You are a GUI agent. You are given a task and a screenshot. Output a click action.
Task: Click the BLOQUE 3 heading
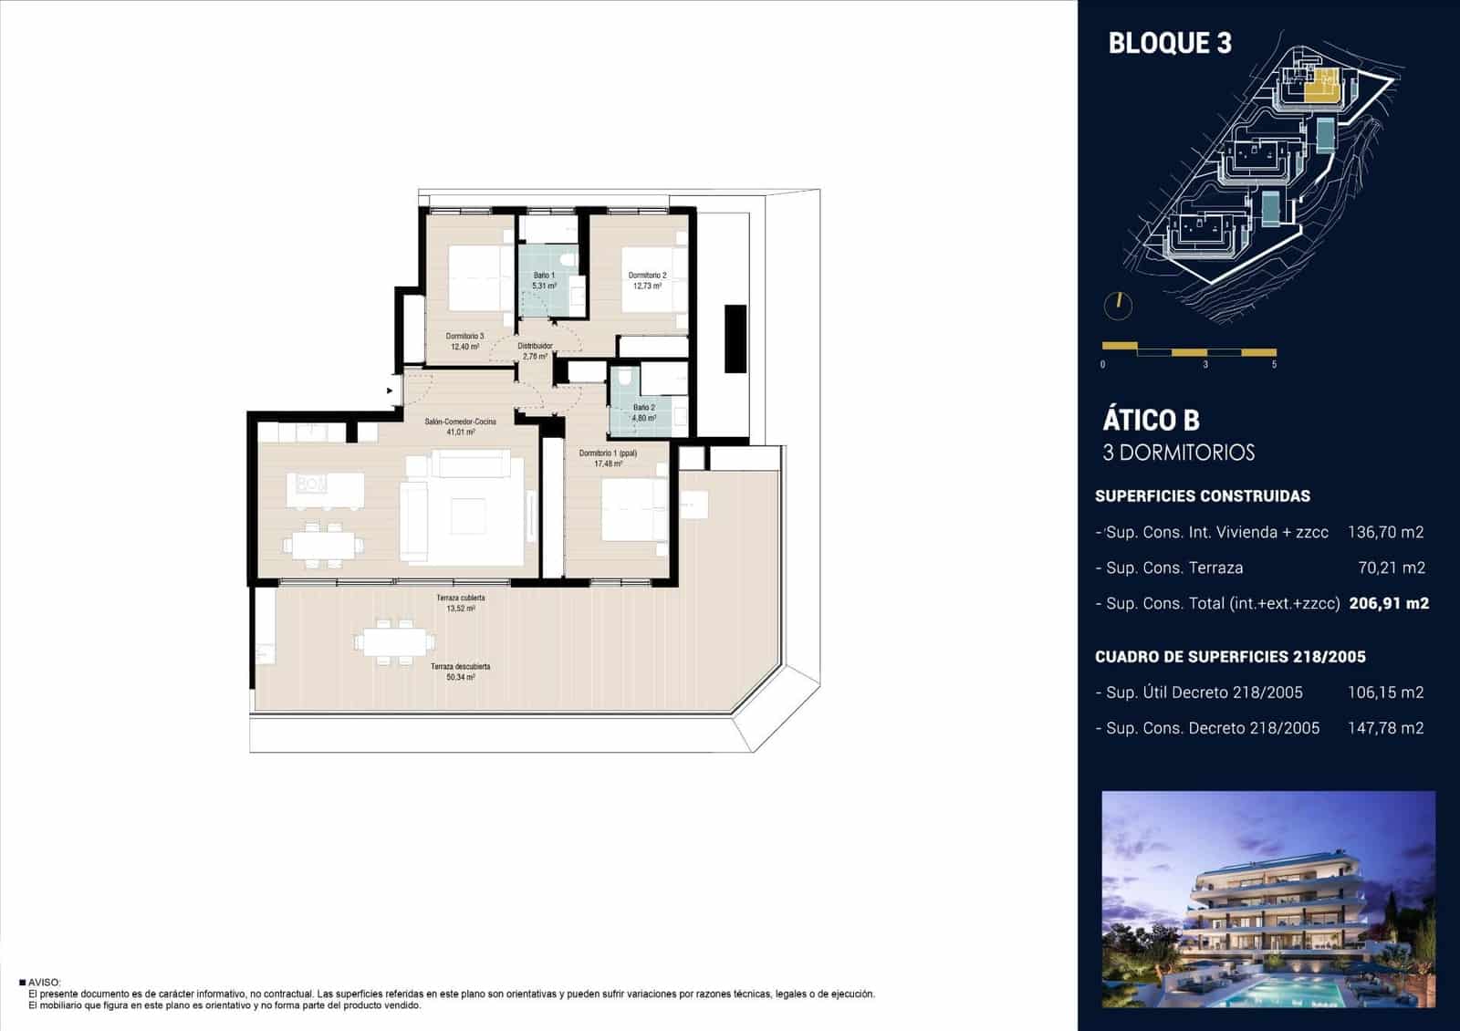click(x=1169, y=43)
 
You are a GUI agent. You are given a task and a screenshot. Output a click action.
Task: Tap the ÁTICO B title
click(x=1151, y=420)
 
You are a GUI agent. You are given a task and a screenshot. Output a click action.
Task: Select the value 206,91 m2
click(x=1388, y=603)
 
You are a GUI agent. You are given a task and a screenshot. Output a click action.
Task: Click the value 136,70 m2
click(x=1385, y=532)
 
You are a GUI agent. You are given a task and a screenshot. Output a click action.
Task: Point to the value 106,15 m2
click(x=1385, y=693)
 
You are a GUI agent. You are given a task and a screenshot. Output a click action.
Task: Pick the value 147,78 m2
click(x=1385, y=728)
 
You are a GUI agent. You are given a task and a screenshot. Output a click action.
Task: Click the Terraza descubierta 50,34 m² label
click(x=460, y=672)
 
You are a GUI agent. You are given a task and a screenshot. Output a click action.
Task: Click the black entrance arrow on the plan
click(x=391, y=391)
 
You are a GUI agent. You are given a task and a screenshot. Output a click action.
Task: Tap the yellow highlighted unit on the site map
click(x=1320, y=86)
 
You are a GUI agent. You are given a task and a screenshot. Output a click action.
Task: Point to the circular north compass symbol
click(x=1117, y=306)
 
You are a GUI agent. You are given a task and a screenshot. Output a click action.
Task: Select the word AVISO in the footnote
click(x=44, y=983)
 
